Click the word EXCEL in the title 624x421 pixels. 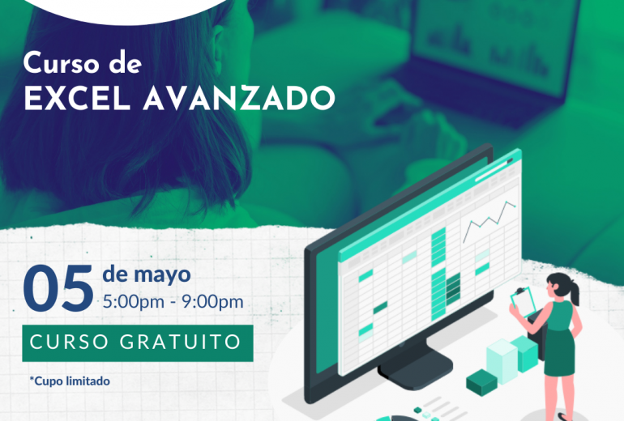[x=78, y=97]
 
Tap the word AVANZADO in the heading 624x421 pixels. [x=239, y=97]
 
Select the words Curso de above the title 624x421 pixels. [x=83, y=62]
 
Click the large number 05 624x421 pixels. [x=58, y=288]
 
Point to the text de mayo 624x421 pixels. [x=147, y=274]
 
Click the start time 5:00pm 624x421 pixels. [x=134, y=302]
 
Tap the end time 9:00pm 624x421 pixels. [x=212, y=302]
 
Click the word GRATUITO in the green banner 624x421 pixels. [x=180, y=342]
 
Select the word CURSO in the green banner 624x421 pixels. [x=69, y=342]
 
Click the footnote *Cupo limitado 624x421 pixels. [x=70, y=381]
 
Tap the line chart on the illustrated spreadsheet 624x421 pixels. [x=489, y=220]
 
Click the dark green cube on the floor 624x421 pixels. [x=481, y=382]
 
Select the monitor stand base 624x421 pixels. [x=415, y=370]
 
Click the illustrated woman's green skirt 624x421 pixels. [x=559, y=353]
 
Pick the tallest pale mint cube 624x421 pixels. [x=502, y=361]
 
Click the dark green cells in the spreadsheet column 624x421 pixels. [x=453, y=289]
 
